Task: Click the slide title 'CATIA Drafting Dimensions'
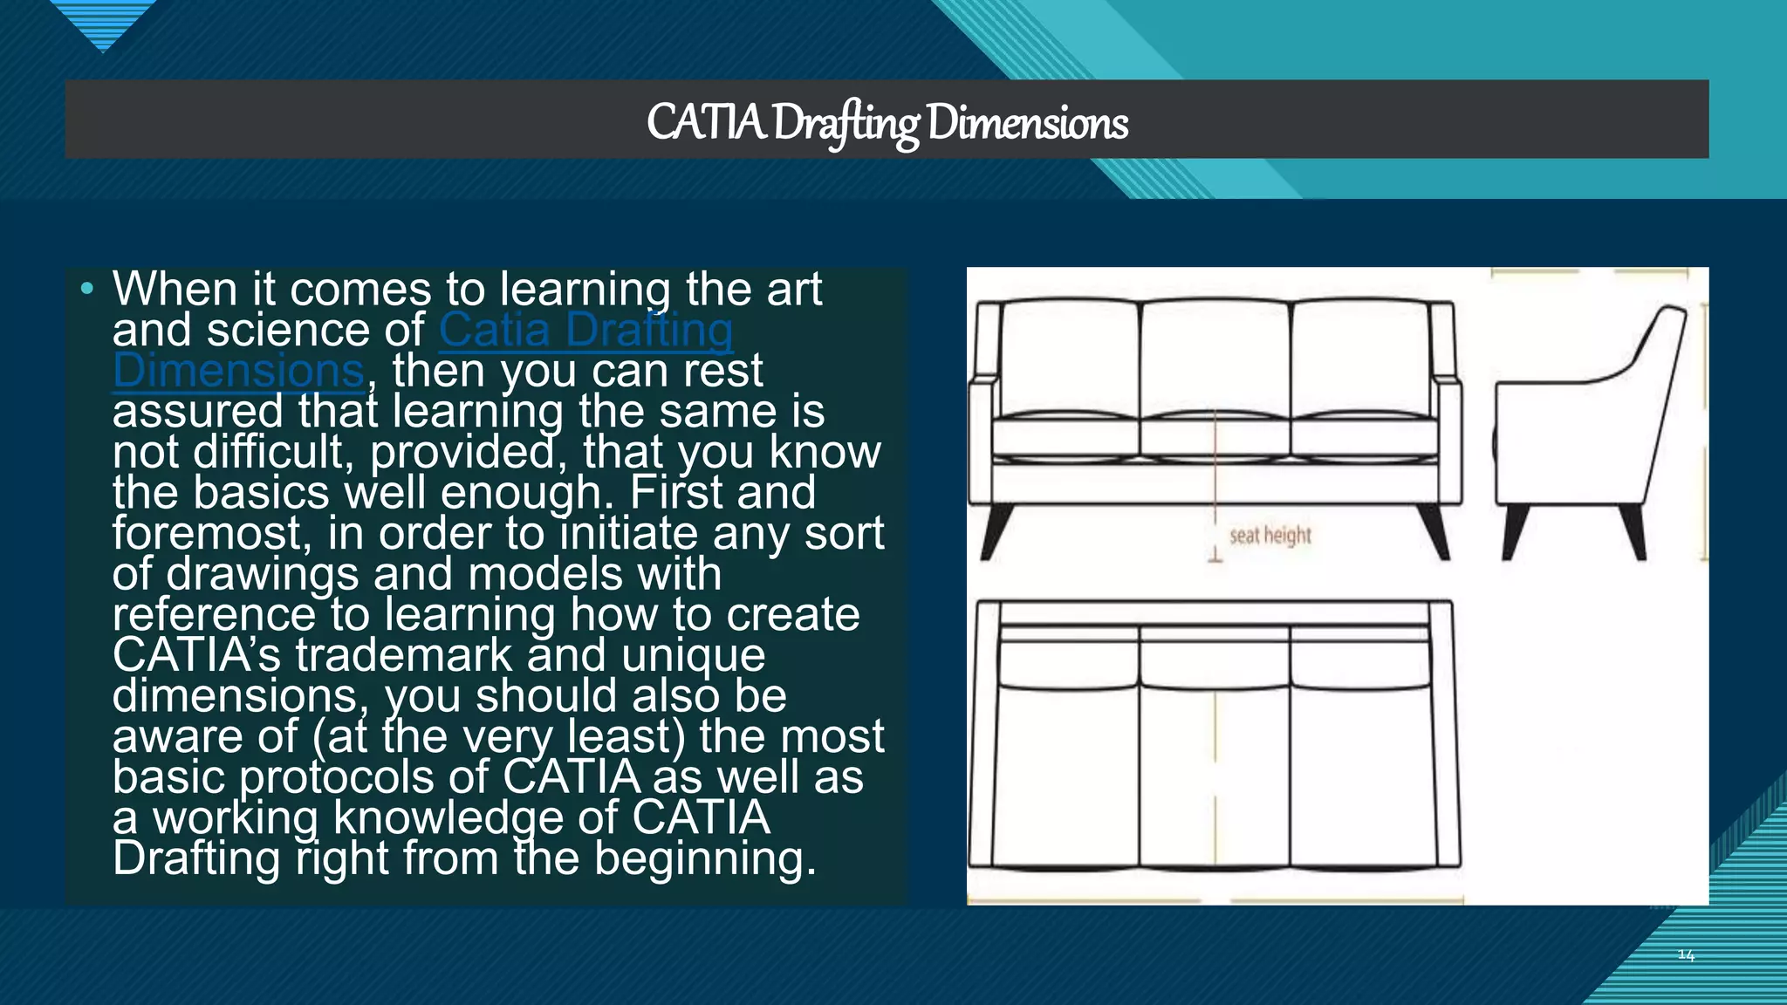(887, 122)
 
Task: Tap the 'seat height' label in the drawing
(1270, 535)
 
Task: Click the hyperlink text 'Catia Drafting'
(585, 331)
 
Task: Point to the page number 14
(1686, 955)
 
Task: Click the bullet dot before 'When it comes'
(86, 289)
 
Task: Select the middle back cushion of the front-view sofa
(1215, 358)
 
